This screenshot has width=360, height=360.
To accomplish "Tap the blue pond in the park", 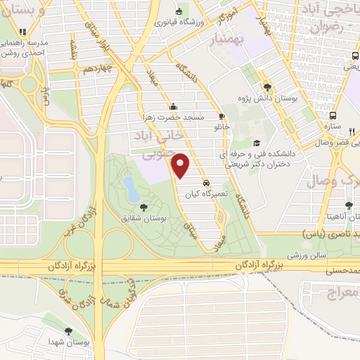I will pos(130,187).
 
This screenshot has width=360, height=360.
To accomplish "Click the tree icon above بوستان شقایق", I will pos(144,207).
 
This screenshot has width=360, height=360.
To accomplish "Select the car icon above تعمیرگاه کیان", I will pos(205,179).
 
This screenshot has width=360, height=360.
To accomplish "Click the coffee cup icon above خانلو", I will pos(221,117).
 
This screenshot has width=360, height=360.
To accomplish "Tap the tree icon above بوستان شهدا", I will pos(68,331).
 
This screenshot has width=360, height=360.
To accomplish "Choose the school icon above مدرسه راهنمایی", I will pos(22,32).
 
